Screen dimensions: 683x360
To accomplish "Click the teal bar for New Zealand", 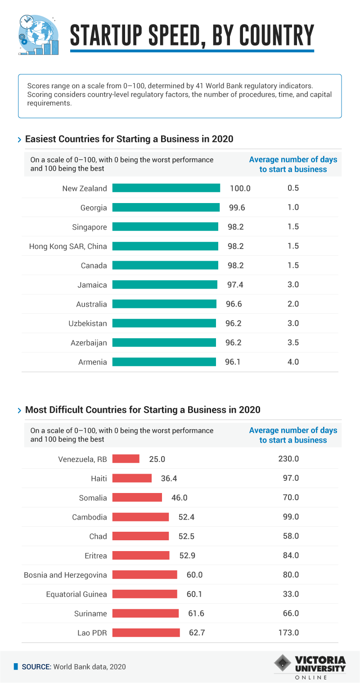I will point(166,188).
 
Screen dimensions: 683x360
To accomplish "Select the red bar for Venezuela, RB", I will point(126,459).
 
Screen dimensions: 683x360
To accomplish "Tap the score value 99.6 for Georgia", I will point(236,208).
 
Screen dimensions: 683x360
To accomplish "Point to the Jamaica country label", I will point(92,285).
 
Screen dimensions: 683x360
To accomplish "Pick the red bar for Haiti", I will point(132,478).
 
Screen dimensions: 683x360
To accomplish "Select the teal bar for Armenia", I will point(164,362).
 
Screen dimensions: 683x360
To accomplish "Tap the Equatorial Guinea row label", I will point(76,594).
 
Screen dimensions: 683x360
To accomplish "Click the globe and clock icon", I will point(39,35).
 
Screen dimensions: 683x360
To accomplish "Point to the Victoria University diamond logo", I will point(282,665).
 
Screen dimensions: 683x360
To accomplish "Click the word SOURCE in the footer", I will point(36,667).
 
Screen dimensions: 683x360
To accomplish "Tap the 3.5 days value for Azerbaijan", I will point(293,343).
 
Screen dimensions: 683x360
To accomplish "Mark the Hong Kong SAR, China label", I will point(68,246).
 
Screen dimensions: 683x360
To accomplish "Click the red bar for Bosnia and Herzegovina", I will point(144,574).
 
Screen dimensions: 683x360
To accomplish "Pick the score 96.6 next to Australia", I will point(234,304).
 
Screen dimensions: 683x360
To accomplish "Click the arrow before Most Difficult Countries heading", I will point(19,411).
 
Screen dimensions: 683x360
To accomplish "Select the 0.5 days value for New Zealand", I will point(293,188).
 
